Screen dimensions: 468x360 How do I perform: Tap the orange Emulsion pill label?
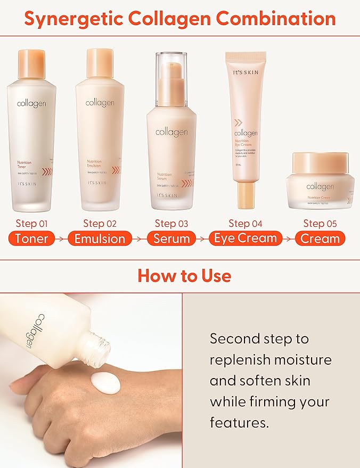coord(100,239)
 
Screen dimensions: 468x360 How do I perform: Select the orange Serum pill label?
coord(171,239)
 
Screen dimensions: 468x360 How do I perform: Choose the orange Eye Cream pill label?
coord(246,238)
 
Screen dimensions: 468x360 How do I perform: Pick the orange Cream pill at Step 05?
coord(320,239)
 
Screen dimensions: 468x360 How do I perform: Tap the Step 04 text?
coord(246,223)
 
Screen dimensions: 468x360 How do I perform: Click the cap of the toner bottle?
coord(31,62)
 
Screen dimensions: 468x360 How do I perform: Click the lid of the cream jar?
coord(320,162)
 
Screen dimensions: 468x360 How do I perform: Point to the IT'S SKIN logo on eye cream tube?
coord(246,71)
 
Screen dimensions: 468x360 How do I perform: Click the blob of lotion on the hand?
coord(106,381)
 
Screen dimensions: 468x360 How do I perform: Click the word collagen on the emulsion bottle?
coord(100,102)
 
